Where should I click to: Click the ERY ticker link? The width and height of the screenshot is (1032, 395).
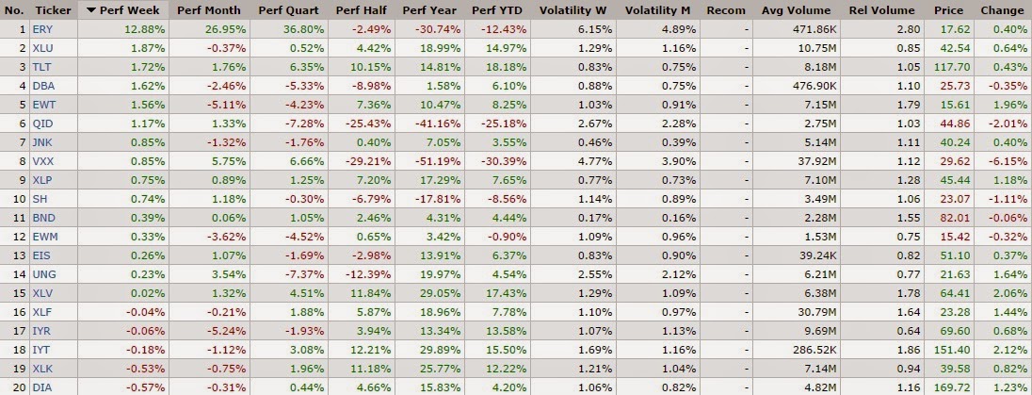coord(41,29)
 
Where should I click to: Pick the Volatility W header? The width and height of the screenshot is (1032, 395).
coord(574,10)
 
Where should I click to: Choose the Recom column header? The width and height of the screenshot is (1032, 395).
coord(725,10)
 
